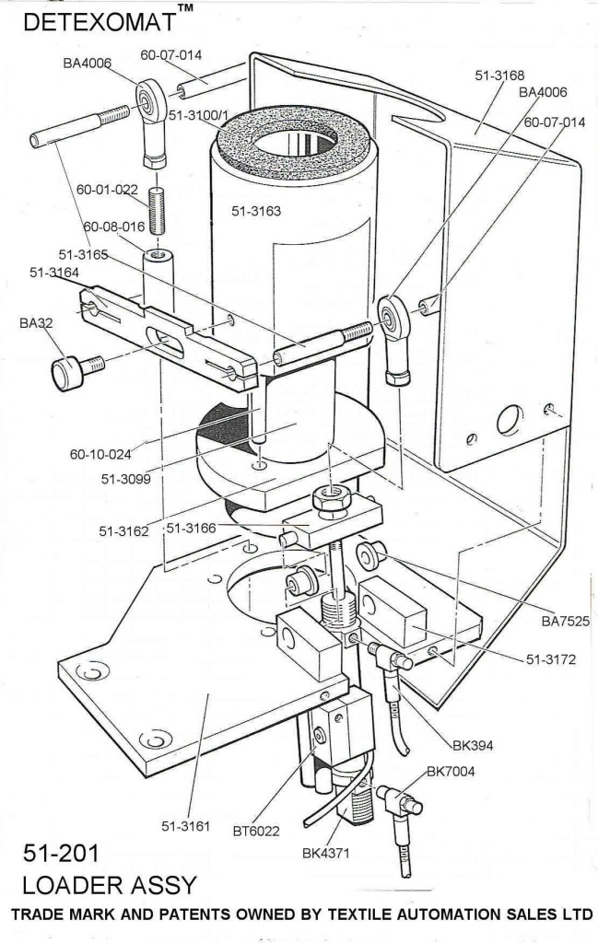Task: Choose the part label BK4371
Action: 331,852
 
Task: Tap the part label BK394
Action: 475,743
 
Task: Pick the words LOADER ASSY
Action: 111,886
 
